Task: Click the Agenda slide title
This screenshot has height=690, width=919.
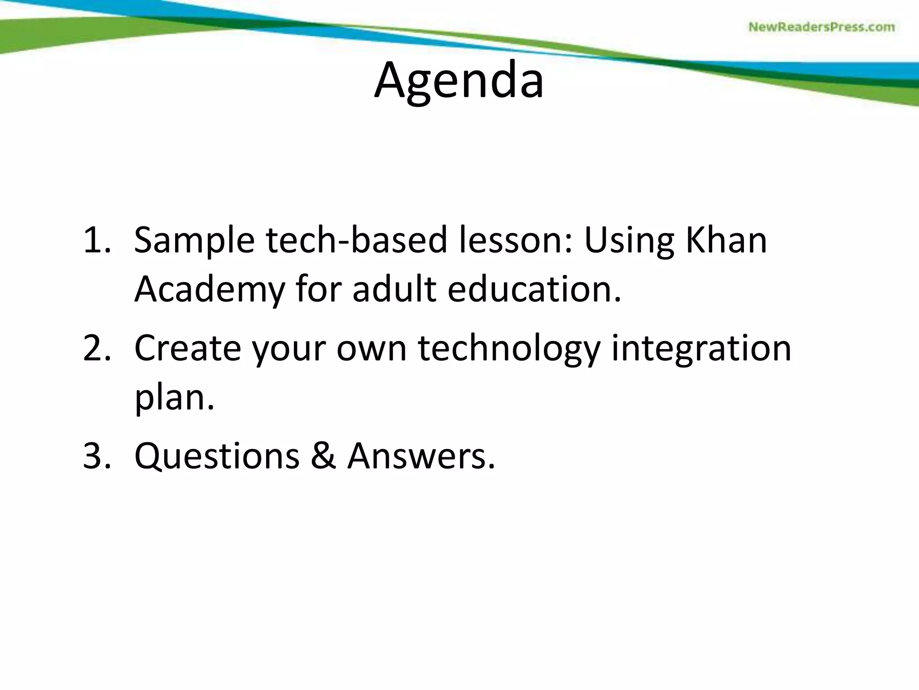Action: tap(459, 81)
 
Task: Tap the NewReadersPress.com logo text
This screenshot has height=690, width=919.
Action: tap(822, 27)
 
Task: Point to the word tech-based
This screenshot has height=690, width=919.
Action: tap(357, 240)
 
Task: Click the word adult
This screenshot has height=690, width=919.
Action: tap(394, 289)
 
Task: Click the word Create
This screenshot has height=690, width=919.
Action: tap(188, 348)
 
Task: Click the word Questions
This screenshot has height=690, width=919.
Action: tap(217, 456)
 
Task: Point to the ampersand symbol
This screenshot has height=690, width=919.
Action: tap(323, 456)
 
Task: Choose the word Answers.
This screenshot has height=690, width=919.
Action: tap(421, 456)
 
